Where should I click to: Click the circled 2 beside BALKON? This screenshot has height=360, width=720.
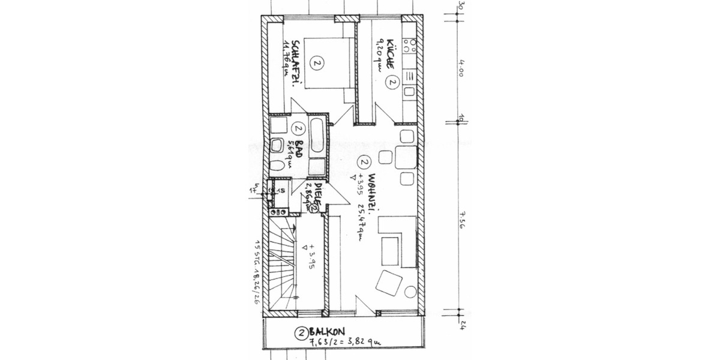coord(301,331)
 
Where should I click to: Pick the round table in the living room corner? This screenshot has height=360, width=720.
coord(410,292)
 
